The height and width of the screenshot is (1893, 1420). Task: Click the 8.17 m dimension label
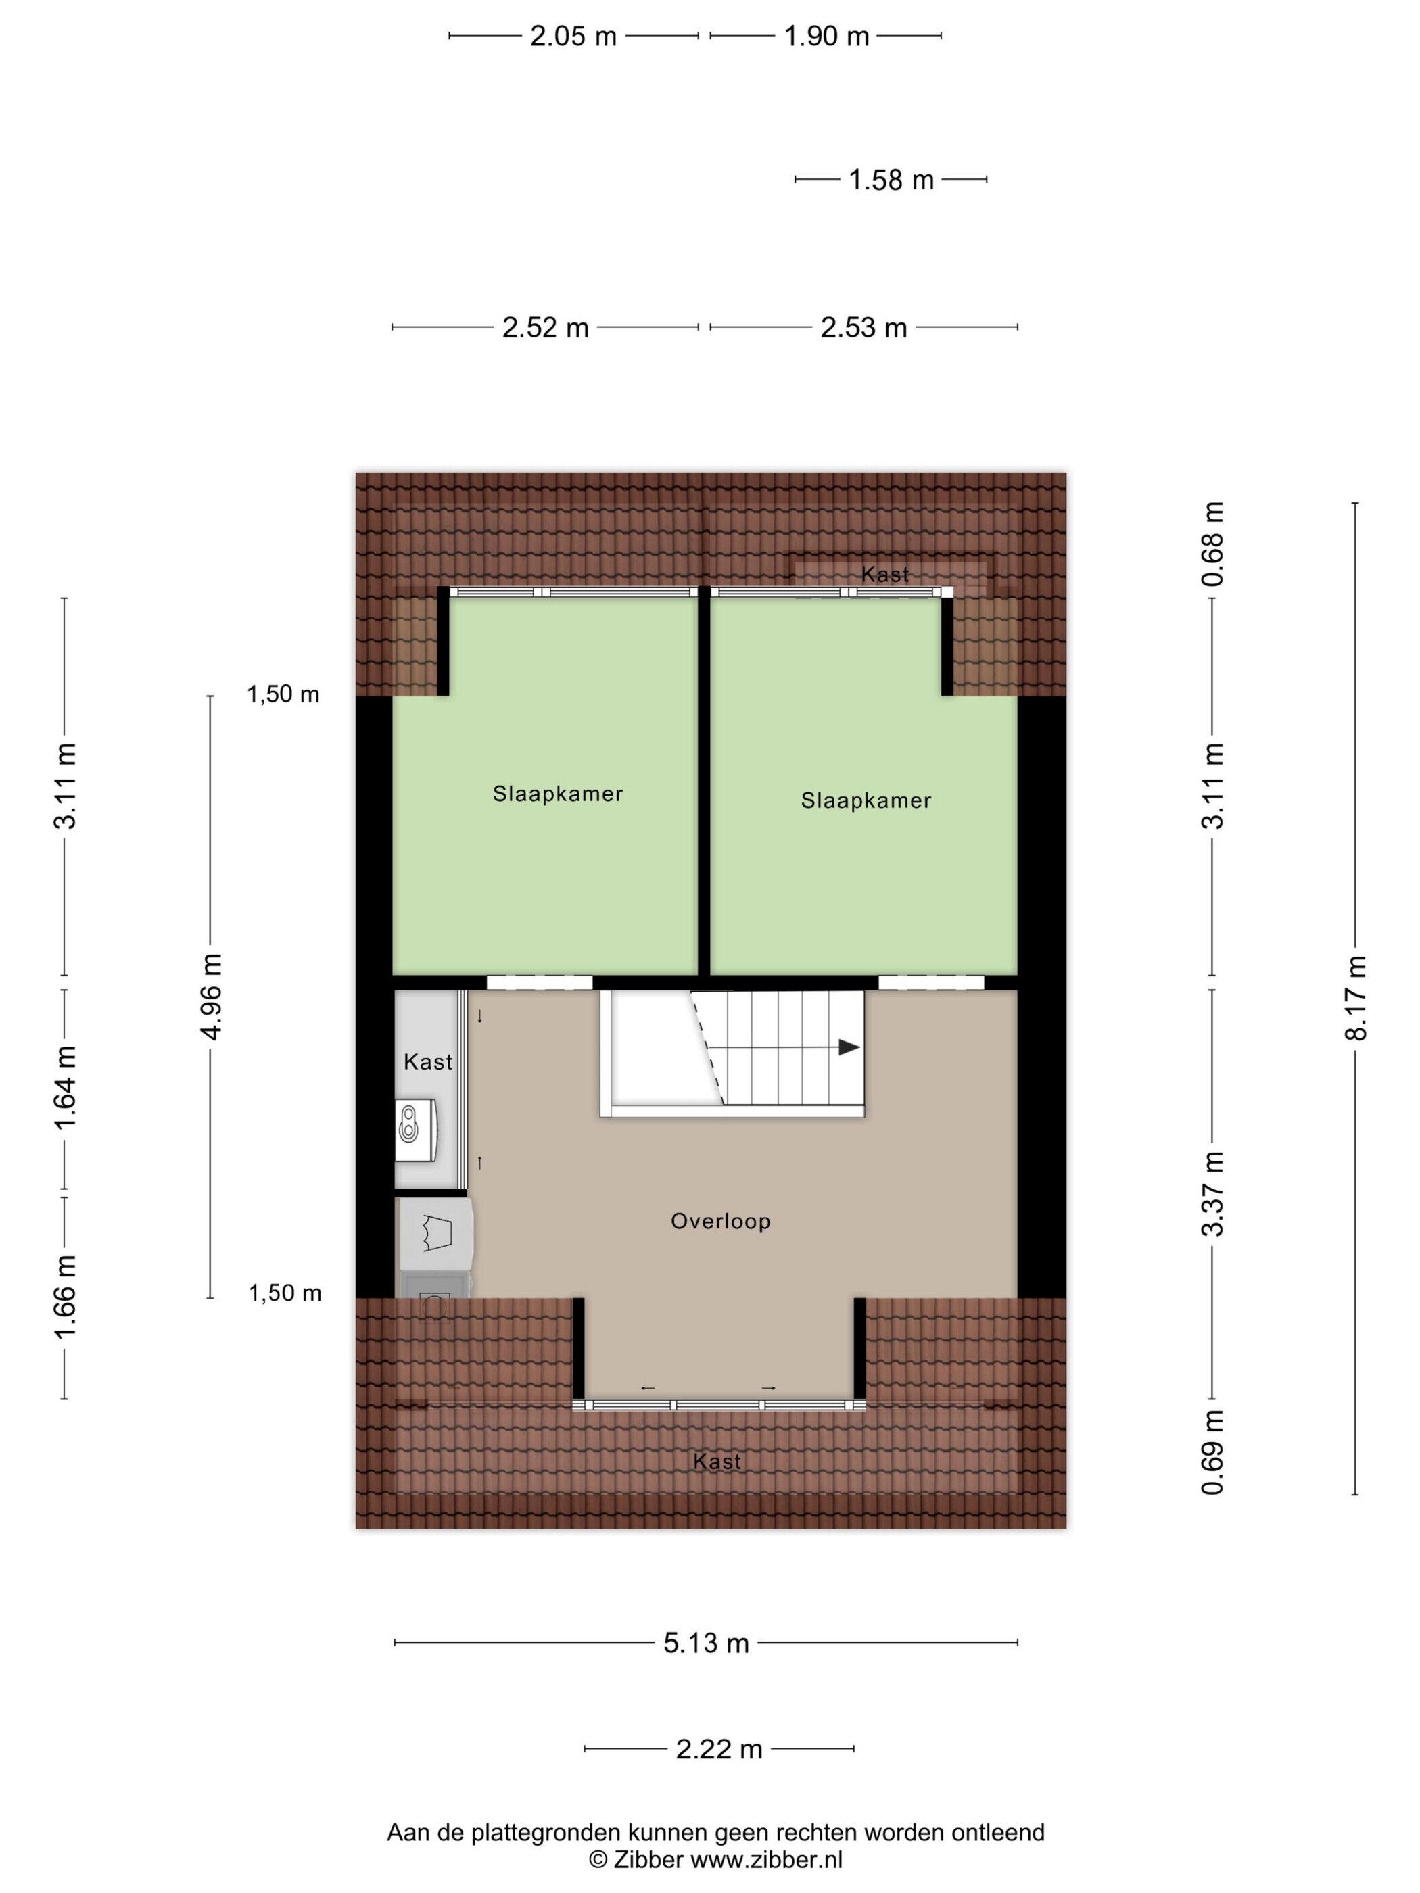[1355, 997]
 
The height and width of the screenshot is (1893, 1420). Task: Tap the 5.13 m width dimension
[706, 1642]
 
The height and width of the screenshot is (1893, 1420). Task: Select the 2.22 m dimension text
[719, 1748]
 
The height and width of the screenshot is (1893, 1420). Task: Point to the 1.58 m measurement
[891, 180]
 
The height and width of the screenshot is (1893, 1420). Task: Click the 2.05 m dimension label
[573, 36]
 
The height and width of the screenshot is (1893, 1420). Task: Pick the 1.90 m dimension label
[827, 36]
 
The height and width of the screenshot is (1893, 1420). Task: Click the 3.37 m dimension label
[1213, 1193]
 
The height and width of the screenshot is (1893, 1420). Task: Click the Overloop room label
[721, 1221]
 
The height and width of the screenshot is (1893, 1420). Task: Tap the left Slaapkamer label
[558, 793]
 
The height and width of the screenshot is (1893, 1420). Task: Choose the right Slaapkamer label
[866, 800]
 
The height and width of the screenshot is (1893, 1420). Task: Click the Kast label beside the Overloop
[428, 1062]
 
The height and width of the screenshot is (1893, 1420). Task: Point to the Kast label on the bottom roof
[717, 1462]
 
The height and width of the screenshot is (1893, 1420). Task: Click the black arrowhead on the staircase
[849, 1047]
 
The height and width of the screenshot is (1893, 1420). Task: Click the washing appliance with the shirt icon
[435, 1233]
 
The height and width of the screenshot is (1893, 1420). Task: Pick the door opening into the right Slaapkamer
[931, 983]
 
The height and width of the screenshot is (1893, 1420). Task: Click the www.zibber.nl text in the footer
[766, 1858]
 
